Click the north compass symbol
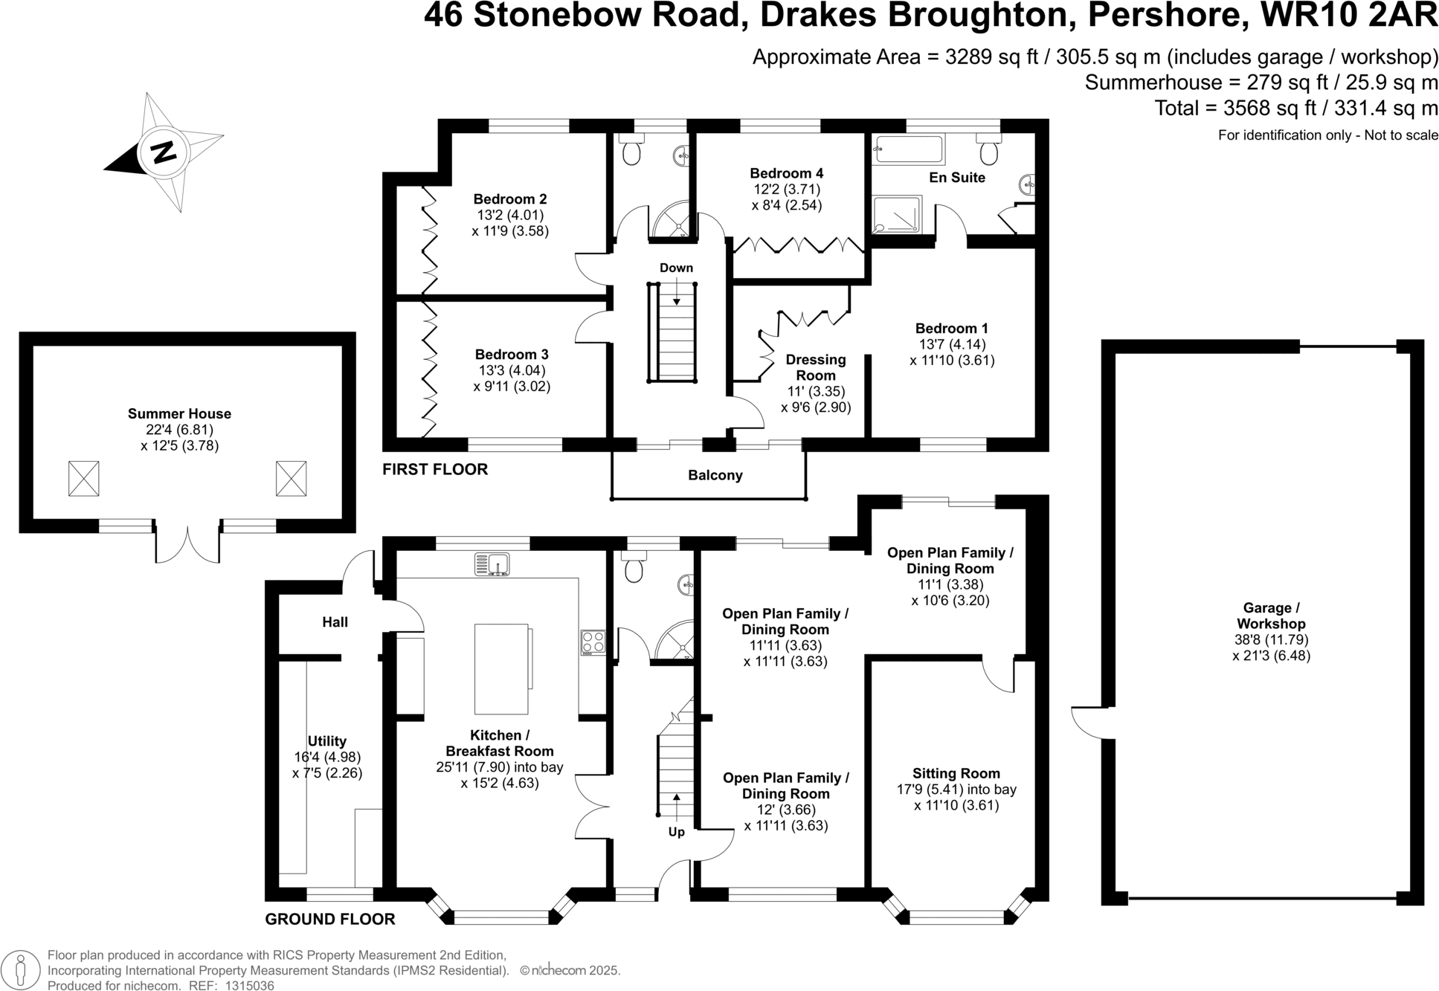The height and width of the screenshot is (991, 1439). point(164,152)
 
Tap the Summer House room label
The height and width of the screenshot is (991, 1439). point(179,414)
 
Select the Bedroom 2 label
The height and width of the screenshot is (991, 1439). point(510,199)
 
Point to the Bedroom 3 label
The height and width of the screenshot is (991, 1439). point(512,355)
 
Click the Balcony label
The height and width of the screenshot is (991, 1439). point(715,475)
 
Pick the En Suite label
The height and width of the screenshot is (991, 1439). point(957,178)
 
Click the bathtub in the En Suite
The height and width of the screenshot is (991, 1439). point(908,149)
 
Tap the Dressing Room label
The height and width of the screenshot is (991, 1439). point(816,367)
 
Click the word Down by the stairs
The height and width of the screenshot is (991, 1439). point(676,268)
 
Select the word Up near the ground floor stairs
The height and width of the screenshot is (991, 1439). point(676,832)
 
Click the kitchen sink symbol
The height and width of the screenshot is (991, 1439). point(492,564)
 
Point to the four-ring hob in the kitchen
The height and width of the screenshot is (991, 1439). point(593,642)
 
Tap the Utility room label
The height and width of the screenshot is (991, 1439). point(327,741)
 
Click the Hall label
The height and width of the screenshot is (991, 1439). point(335,622)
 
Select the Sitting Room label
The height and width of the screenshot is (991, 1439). point(956,774)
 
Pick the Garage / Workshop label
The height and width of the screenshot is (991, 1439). point(1271,616)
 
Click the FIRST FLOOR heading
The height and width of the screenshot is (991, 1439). point(435,469)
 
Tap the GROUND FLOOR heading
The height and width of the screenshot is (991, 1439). point(330,919)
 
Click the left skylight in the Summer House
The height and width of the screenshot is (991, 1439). point(83,478)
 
